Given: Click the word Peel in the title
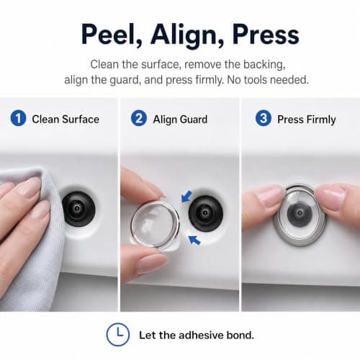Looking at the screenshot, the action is pyautogui.click(x=112, y=35).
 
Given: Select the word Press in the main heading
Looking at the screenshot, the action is pyautogui.click(x=266, y=35).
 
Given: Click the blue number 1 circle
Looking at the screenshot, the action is pyautogui.click(x=18, y=118).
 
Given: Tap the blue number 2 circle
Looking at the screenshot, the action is pyautogui.click(x=139, y=118).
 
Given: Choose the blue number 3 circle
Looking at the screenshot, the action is pyautogui.click(x=264, y=118).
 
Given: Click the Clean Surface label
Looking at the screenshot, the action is pyautogui.click(x=66, y=120).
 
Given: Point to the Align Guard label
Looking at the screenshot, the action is pyautogui.click(x=180, y=120).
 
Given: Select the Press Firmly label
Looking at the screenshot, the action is pyautogui.click(x=307, y=120).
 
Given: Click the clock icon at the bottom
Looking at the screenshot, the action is pyautogui.click(x=118, y=335).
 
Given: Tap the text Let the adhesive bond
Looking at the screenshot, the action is pyautogui.click(x=197, y=335).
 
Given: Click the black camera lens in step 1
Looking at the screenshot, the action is pyautogui.click(x=78, y=209).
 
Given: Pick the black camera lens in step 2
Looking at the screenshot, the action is pyautogui.click(x=206, y=213).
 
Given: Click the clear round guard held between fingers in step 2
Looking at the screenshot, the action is pyautogui.click(x=155, y=225).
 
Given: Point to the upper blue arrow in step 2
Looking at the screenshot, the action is pyautogui.click(x=186, y=196).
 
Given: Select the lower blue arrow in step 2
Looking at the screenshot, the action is pyautogui.click(x=194, y=240).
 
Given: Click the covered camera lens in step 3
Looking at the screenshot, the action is pyautogui.click(x=300, y=214).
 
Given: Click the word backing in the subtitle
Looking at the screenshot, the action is pyautogui.click(x=264, y=65).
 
